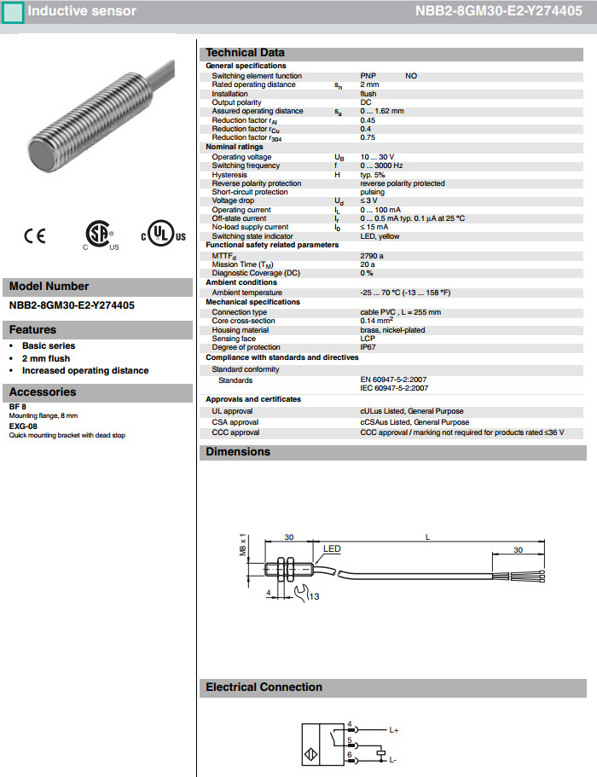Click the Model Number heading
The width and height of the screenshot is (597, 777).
[x=49, y=287]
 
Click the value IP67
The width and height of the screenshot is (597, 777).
[x=368, y=347]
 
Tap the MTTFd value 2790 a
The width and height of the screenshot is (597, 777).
[x=372, y=255]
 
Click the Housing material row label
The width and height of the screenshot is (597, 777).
[x=242, y=330]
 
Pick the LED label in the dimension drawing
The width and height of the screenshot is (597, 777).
[x=332, y=549]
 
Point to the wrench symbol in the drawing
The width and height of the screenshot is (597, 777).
[x=300, y=591]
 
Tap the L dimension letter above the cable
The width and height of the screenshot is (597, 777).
[x=428, y=536]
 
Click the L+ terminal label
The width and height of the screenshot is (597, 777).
[x=394, y=731]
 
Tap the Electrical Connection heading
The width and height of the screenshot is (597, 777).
[x=264, y=687]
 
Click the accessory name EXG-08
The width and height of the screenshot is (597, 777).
[x=23, y=426]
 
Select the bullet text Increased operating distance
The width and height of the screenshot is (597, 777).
[x=85, y=370]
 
